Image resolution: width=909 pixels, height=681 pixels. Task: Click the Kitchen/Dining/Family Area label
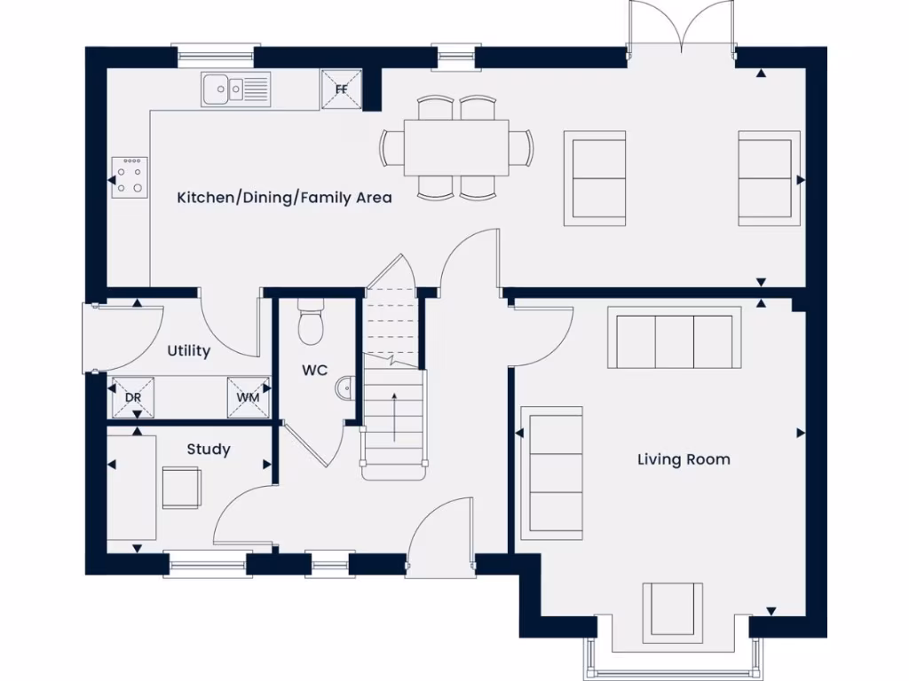[x=284, y=197]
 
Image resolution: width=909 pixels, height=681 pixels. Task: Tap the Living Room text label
[x=684, y=459]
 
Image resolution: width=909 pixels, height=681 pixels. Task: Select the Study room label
[x=209, y=450]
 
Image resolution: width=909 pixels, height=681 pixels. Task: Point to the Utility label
[x=189, y=351]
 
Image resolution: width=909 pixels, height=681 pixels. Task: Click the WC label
[x=314, y=371]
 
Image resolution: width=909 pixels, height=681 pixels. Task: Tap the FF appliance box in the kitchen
[x=342, y=89]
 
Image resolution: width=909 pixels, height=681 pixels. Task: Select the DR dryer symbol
[x=133, y=397]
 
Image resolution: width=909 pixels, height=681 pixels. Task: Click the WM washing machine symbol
[x=249, y=397]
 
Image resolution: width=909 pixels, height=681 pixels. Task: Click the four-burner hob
[x=130, y=176]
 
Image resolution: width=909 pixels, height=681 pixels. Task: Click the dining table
[x=457, y=147]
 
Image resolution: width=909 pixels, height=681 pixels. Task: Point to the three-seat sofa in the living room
[x=675, y=338]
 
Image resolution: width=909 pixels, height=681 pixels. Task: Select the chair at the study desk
[x=181, y=487]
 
